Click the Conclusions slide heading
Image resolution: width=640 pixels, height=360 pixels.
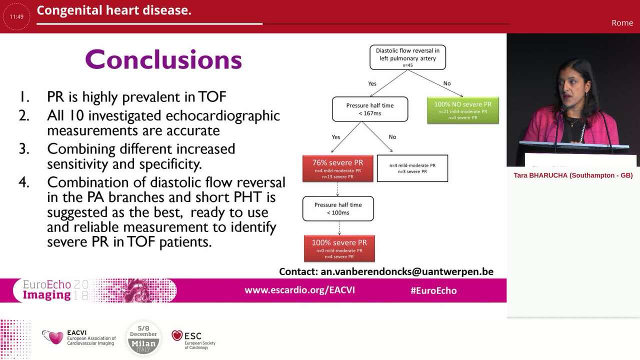(163, 59)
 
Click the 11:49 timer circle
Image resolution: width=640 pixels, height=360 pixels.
(16, 16)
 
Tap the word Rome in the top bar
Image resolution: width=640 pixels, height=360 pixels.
(622, 23)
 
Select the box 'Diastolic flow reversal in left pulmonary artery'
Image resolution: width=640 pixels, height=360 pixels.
(407, 57)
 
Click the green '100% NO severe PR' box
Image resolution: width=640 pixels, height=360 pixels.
(462, 110)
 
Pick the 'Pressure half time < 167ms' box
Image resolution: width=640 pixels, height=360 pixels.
(370, 109)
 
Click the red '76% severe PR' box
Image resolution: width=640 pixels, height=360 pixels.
(337, 168)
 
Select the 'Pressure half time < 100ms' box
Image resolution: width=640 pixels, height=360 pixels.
(338, 208)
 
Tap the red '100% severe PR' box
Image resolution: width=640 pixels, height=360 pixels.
(339, 248)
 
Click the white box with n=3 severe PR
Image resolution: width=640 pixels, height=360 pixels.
(412, 168)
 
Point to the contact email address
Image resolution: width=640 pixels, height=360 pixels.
(386, 271)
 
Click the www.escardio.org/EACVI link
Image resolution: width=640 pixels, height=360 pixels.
(299, 290)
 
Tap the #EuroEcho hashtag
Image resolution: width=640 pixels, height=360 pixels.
(433, 290)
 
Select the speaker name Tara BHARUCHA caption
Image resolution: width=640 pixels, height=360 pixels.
(573, 175)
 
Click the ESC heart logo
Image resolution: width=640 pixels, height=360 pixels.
(177, 335)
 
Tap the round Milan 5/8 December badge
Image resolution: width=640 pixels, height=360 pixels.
(143, 338)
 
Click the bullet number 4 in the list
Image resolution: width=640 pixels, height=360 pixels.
(24, 182)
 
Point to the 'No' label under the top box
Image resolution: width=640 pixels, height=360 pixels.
(446, 83)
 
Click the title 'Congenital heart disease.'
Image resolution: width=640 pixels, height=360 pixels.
(114, 10)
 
